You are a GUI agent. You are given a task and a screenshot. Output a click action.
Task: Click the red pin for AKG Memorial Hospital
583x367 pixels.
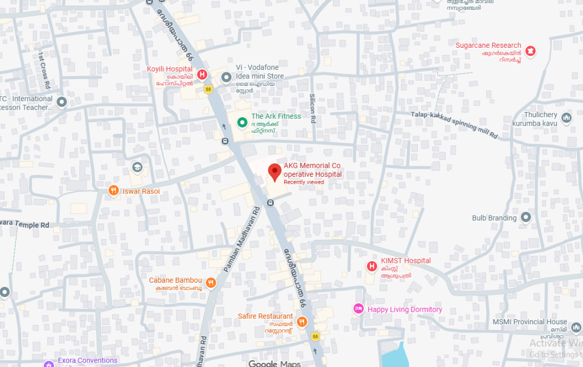(x=275, y=171)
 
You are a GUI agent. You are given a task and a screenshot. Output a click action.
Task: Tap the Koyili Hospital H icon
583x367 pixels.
(x=202, y=74)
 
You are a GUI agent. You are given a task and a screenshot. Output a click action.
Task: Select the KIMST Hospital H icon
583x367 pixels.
(x=372, y=266)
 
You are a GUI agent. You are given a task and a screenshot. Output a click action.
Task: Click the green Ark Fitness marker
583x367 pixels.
(x=242, y=122)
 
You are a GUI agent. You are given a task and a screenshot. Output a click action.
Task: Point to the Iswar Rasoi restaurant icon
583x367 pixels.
(x=114, y=191)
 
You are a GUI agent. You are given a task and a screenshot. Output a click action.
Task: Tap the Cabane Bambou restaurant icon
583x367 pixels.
(x=211, y=282)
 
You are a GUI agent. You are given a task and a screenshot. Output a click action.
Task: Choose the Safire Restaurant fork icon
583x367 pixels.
(x=302, y=321)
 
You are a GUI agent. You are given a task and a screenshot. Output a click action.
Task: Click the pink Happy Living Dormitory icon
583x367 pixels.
(x=358, y=309)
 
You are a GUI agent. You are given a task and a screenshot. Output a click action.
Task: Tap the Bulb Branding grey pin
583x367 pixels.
(x=525, y=217)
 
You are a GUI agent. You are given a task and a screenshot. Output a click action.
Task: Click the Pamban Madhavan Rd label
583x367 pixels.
(x=241, y=238)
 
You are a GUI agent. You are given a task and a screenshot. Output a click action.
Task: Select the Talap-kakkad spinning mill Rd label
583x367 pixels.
(x=454, y=125)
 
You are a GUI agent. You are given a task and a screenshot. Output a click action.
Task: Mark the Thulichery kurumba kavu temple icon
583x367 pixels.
(x=566, y=118)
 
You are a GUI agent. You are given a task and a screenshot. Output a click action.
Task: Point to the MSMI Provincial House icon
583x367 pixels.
(x=576, y=328)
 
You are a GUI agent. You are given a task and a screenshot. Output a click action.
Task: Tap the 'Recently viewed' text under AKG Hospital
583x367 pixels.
(x=304, y=182)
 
